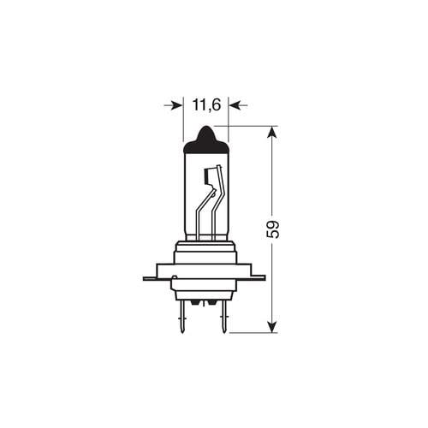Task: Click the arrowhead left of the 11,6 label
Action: (x=177, y=105)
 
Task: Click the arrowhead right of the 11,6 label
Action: (x=235, y=105)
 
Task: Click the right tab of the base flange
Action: (x=258, y=277)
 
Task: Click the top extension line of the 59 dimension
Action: (x=253, y=126)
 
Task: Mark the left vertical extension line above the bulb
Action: (x=183, y=124)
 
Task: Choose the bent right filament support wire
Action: (x=216, y=205)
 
